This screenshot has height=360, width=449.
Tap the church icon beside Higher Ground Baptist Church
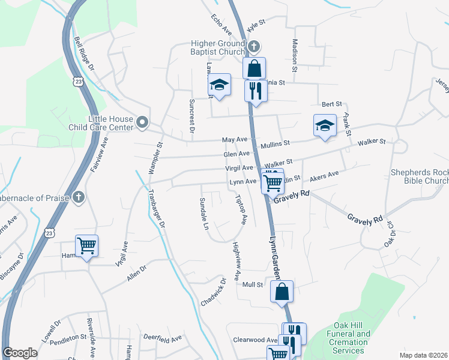click(x=254, y=46)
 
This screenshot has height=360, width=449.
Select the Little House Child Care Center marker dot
click(x=142, y=122)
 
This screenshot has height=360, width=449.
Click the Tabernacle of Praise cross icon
click(x=78, y=197)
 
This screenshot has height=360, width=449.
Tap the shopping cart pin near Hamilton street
click(x=87, y=246)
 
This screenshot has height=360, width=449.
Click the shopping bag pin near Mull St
click(x=282, y=292)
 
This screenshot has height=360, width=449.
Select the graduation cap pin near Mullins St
click(x=325, y=126)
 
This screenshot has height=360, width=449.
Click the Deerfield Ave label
click(x=163, y=339)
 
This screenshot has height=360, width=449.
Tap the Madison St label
click(x=295, y=56)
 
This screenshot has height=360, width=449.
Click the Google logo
click(x=20, y=353)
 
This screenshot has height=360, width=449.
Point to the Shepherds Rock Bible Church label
click(x=420, y=176)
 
